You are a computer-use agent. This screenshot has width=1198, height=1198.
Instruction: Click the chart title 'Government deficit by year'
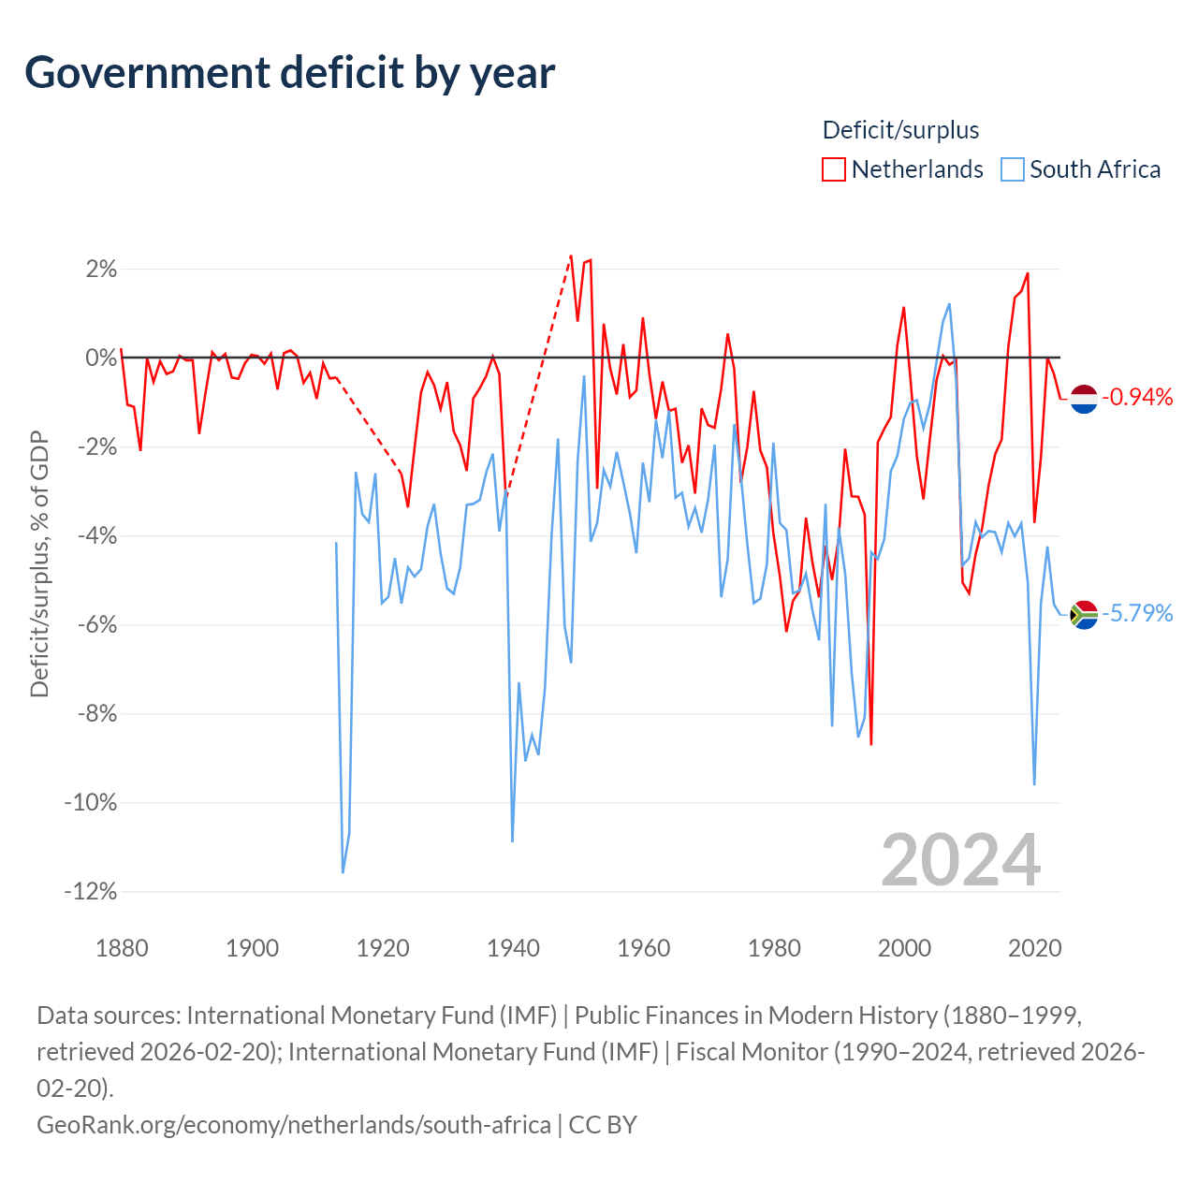(289, 73)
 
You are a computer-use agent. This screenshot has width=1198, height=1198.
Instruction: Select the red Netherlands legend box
(834, 169)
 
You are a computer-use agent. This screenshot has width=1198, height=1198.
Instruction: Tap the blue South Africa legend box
(1012, 169)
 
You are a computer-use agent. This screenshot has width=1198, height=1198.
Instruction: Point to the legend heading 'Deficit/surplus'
(900, 130)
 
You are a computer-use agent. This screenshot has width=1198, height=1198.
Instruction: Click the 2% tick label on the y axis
(101, 270)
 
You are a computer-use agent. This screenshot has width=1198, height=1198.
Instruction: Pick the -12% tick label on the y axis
(91, 892)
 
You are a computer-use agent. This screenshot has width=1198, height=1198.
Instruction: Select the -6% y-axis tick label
(97, 625)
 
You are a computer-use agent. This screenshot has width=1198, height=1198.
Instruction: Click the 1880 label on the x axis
(122, 948)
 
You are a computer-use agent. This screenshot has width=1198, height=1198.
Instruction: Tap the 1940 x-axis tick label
(513, 948)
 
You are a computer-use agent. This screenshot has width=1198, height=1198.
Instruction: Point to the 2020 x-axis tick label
(1034, 948)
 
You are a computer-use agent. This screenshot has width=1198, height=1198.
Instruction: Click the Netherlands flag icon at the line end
(1084, 399)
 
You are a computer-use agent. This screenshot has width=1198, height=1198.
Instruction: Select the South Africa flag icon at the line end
(1084, 615)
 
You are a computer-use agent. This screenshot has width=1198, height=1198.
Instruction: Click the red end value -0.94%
(1137, 397)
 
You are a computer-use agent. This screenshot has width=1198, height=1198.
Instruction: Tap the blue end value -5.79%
(1137, 614)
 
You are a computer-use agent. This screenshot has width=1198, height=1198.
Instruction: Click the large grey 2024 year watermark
(960, 861)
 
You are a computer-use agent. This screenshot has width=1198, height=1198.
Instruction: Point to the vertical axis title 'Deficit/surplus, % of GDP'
(39, 563)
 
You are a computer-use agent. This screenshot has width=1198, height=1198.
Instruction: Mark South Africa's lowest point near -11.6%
(343, 873)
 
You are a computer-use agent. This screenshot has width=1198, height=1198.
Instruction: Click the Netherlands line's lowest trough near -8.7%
(871, 744)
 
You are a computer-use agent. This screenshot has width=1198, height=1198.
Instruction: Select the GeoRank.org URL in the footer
(294, 1125)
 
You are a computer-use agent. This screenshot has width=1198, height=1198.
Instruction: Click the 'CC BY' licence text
(603, 1125)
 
